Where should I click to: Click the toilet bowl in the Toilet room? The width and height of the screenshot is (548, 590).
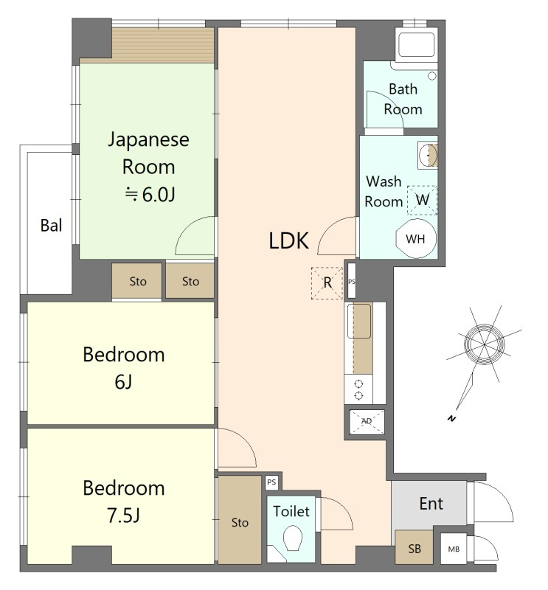coord(293,538)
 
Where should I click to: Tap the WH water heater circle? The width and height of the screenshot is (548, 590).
coord(416,238)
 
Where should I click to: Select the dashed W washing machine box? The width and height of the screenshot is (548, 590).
coord(423,200)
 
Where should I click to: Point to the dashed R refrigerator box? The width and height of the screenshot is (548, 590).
coord(327,283)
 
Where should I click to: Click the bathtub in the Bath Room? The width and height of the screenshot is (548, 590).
coord(416,46)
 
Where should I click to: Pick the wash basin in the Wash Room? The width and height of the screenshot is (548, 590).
coord(428,155)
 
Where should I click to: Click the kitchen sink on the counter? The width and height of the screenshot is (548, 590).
coord(359,321)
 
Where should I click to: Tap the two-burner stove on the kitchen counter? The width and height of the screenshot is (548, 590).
coord(358,389)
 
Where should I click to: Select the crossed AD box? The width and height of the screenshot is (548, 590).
coord(367,422)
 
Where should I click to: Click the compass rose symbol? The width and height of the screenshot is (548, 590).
coord(484,344)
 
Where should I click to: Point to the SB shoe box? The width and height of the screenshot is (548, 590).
coord(414,548)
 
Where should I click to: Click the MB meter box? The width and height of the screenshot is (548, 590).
coord(454,549)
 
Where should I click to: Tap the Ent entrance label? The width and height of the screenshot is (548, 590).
coord(431,504)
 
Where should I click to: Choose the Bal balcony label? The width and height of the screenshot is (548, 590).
coord(51,226)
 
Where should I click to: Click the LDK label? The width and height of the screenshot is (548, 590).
coord(288,241)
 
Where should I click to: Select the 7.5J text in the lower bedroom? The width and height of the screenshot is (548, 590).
coord(124,515)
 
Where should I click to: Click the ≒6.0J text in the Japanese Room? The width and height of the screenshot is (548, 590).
coord(150,195)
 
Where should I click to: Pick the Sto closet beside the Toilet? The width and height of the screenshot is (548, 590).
coord(240,520)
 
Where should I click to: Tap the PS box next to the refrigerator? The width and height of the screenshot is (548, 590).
coord(352,281)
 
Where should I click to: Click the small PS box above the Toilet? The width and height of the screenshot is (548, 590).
coord(271,482)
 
